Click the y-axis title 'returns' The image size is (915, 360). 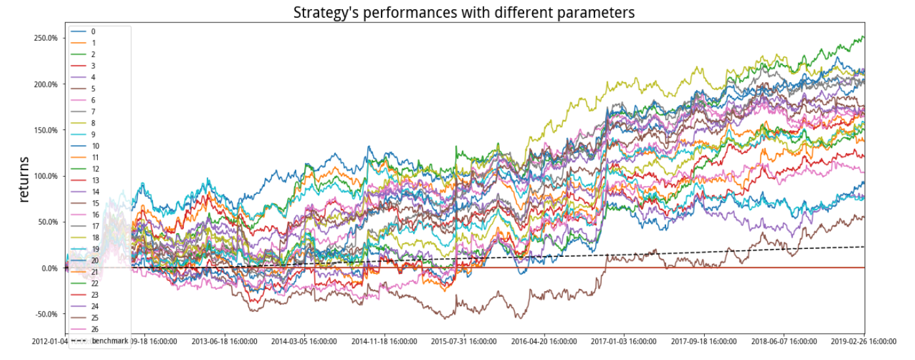(x=24, y=179)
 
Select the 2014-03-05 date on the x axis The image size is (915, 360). (x=304, y=342)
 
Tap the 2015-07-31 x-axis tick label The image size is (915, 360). (x=464, y=342)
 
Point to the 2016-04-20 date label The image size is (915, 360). (x=545, y=342)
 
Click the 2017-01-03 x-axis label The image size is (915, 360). (x=625, y=342)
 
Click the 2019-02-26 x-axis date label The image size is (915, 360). (x=864, y=342)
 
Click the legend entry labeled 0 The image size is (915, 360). (x=93, y=32)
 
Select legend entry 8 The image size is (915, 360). (x=93, y=123)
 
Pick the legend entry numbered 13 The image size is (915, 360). (x=95, y=180)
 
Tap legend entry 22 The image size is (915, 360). (x=95, y=283)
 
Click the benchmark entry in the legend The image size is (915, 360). (x=109, y=341)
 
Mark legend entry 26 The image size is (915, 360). (x=95, y=329)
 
